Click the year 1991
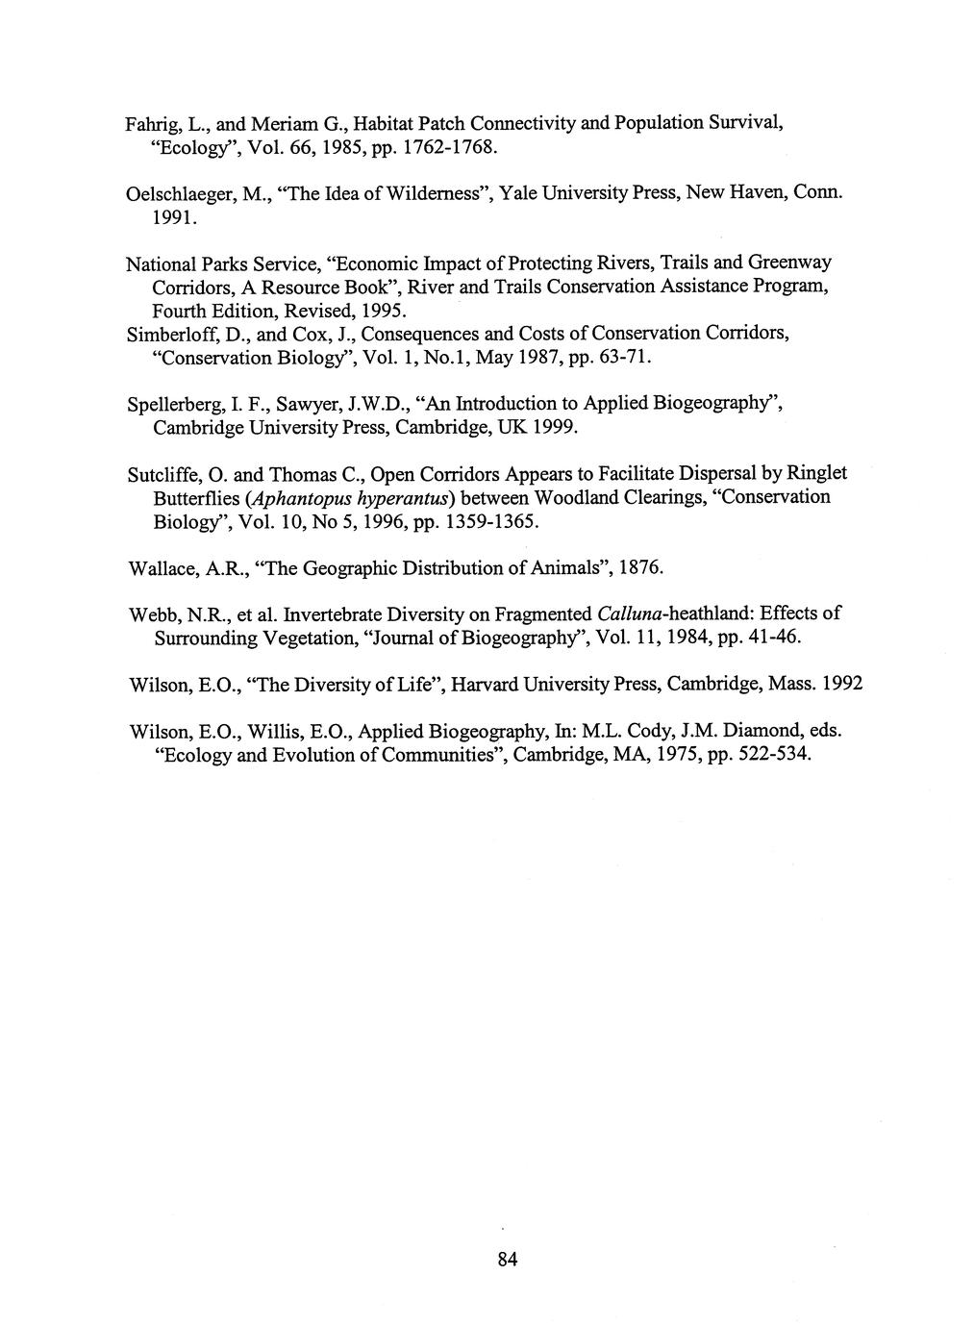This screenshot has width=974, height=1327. (x=174, y=219)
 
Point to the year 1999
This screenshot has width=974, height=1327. (x=554, y=428)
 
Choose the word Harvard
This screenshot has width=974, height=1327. (x=487, y=685)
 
